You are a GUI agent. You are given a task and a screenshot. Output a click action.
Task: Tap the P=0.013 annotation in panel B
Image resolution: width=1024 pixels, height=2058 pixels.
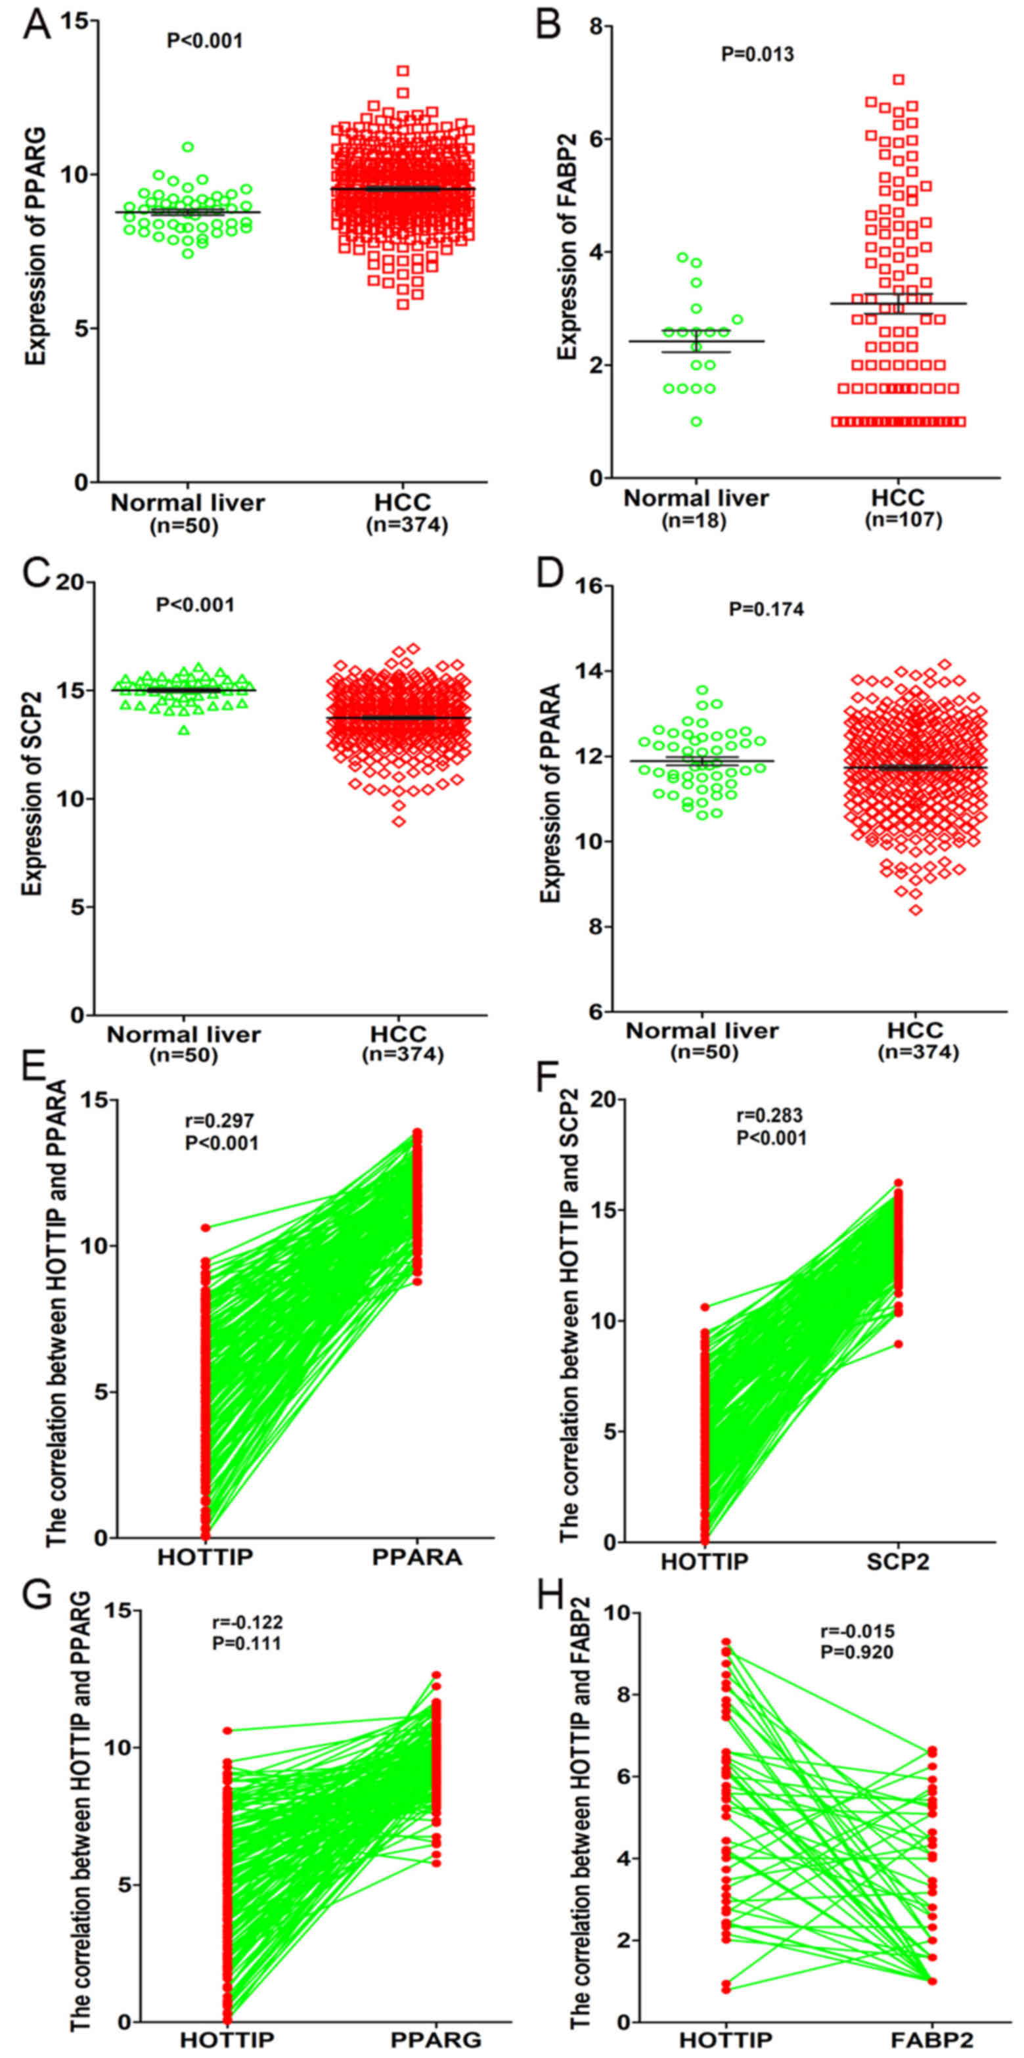757,55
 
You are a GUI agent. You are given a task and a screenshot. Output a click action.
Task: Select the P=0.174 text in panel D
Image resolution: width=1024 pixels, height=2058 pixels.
766,610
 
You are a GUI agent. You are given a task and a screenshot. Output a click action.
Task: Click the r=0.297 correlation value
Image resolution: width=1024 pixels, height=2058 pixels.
219,1121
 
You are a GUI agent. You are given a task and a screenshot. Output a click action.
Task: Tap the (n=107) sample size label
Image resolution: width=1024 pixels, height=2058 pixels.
903,520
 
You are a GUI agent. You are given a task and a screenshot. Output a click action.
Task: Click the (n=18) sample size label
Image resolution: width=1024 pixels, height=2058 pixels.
694,521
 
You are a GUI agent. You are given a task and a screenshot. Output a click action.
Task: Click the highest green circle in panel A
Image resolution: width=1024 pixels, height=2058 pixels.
188,147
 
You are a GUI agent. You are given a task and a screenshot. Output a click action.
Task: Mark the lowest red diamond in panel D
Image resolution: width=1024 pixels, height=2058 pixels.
916,910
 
